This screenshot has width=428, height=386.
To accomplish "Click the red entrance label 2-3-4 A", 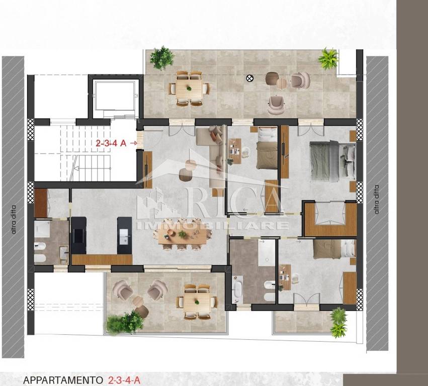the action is point(111,143).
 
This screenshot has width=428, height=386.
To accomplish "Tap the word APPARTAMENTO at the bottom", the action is point(63,380).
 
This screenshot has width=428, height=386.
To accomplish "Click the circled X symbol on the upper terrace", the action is point(250,78).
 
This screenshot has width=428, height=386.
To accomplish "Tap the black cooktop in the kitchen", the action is point(79,236).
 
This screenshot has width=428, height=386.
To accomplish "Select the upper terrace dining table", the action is point(189,88).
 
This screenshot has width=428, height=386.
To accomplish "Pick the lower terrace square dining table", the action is point(197,302).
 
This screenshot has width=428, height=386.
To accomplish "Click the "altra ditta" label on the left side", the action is point(14,219).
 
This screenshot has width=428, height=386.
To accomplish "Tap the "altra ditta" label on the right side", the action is point(377,200).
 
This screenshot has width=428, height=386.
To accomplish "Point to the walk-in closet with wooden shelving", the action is point(330,219).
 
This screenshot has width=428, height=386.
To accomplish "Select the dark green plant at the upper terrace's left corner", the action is point(162,58).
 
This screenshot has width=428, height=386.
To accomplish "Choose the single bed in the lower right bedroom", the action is point(334,249).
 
